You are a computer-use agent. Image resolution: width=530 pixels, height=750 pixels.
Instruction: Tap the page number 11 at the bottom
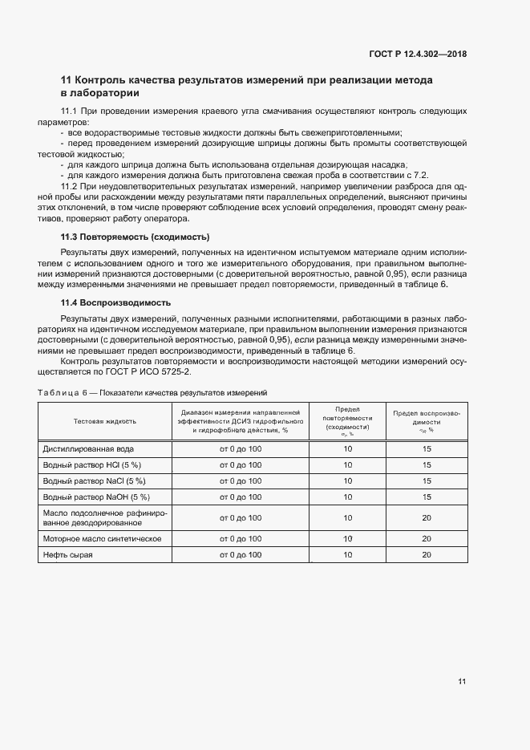(462, 682)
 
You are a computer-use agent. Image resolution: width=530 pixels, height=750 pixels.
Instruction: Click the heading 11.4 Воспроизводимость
(115, 303)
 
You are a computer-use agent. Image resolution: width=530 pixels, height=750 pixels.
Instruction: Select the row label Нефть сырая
(68, 555)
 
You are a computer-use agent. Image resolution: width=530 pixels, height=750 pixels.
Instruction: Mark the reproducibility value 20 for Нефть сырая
(426, 555)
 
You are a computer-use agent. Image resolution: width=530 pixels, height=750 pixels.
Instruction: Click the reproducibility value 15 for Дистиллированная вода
(426, 449)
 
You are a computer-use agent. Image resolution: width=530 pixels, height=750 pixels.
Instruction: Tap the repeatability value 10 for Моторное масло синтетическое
(347, 539)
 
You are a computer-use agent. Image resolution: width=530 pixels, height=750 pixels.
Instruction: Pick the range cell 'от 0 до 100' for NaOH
(241, 497)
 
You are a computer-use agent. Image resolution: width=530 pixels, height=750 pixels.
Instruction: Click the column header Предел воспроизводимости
(426, 420)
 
